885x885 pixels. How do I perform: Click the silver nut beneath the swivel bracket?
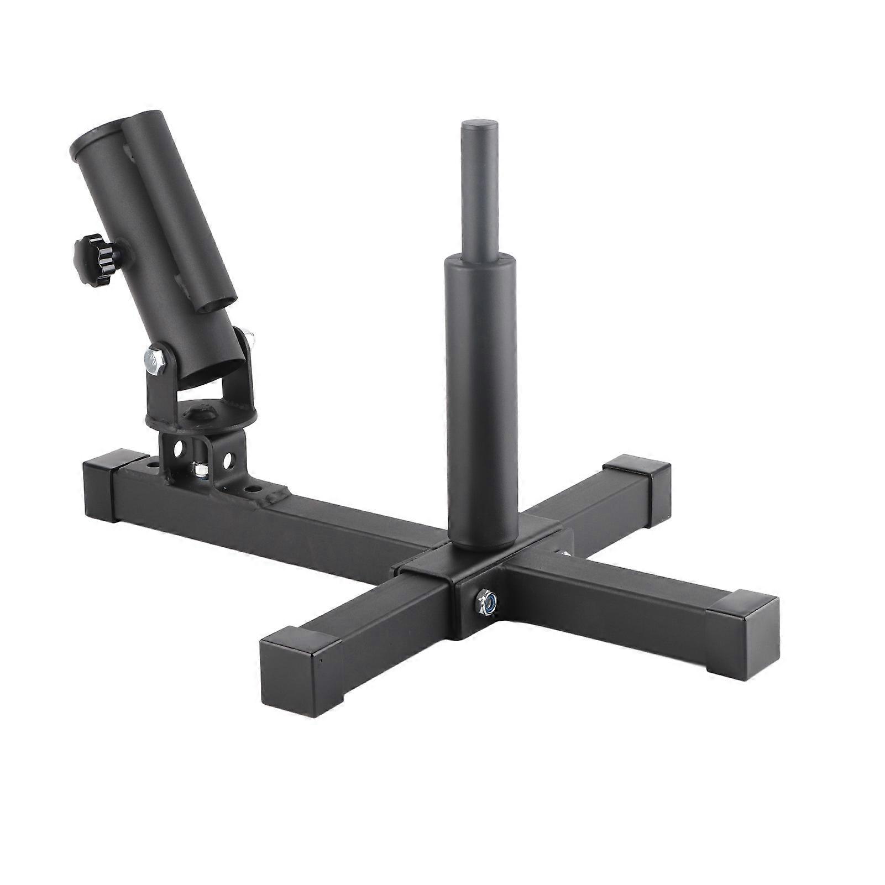click(x=200, y=470)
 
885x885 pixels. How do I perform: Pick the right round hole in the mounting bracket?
click(x=227, y=458)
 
